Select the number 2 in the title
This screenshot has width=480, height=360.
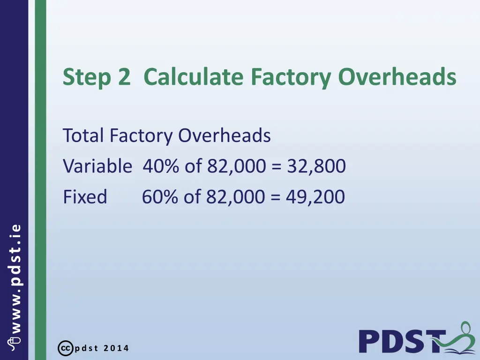click(124, 77)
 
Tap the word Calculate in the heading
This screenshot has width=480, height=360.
click(194, 77)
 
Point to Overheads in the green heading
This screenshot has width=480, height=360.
click(397, 77)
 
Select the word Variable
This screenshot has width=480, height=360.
click(97, 166)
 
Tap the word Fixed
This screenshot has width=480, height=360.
click(85, 197)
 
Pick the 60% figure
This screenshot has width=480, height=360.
click(160, 197)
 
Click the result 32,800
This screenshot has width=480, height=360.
click(314, 166)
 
